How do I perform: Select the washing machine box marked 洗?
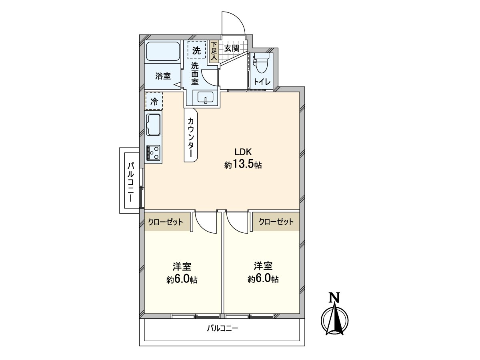[196, 50]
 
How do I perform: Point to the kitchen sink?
[154, 124]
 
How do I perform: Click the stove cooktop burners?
[154, 152]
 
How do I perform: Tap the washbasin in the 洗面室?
[206, 97]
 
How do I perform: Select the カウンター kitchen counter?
[191, 136]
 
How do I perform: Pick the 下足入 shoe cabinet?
[214, 51]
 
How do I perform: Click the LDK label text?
[242, 152]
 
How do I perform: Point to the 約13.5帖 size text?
[243, 165]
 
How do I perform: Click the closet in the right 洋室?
[276, 222]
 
